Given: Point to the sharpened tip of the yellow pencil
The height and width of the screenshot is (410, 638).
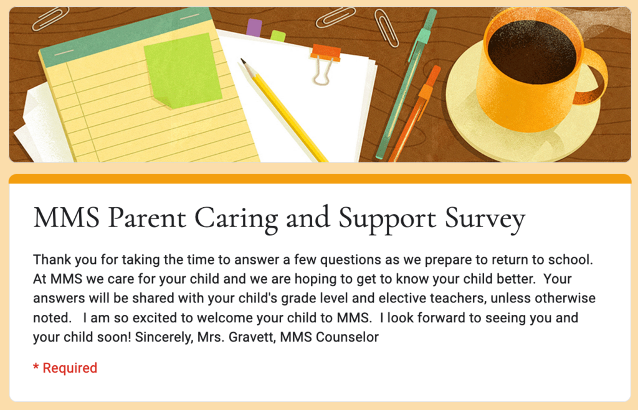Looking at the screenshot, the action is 244,61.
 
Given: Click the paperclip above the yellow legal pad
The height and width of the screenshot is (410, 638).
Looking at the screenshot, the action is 51,19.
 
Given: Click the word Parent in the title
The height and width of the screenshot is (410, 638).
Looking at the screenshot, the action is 147,218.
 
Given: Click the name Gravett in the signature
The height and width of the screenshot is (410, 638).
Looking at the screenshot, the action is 252,337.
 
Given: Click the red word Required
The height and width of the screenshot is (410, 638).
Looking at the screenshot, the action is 70,368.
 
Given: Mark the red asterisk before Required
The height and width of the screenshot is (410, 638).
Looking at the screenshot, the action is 36,366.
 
